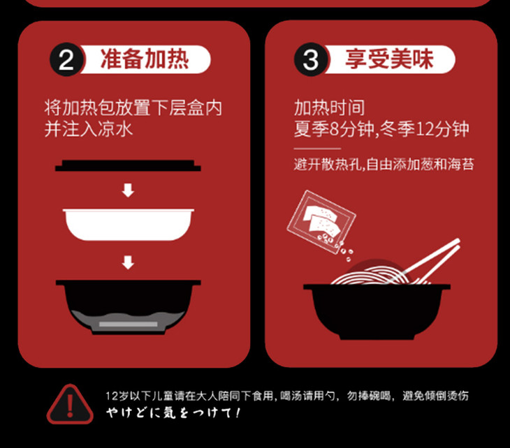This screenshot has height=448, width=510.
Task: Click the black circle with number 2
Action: [66, 59]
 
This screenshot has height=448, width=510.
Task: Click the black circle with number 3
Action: [312, 59]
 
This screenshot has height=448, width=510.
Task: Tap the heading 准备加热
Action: [145, 59]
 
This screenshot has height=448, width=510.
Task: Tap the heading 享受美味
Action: [389, 59]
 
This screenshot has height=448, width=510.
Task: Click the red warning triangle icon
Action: [70, 405]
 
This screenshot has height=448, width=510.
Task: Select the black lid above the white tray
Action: [128, 165]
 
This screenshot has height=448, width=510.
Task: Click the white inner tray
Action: [128, 225]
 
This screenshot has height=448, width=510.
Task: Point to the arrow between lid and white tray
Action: [128, 191]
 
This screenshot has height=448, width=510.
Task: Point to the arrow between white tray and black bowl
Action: [128, 262]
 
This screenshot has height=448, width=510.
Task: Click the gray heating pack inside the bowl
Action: [128, 324]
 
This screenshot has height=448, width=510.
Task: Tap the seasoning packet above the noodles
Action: [321, 222]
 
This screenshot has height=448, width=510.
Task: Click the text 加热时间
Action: [329, 108]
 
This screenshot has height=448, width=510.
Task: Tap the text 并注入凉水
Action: [89, 129]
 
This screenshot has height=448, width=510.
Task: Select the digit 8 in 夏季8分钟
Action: [335, 129]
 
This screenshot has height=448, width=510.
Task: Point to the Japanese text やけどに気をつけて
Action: [173, 413]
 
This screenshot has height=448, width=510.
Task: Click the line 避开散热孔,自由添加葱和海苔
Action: [384, 165]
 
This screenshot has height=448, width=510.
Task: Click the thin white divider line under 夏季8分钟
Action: [317, 149]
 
